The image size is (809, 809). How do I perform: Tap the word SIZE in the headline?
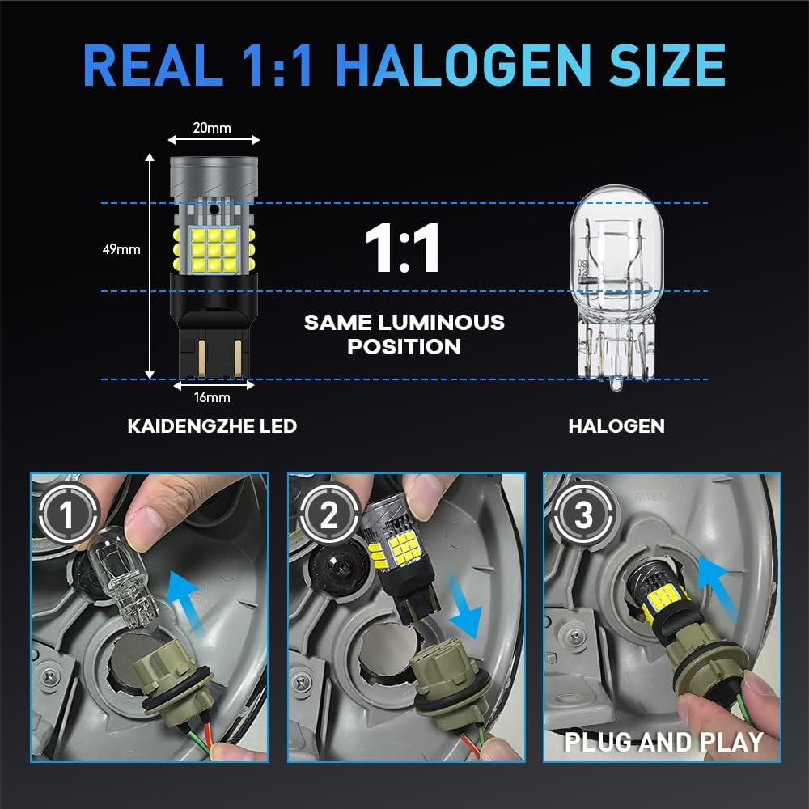pos(667,65)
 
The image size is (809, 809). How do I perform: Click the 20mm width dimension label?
pos(212,128)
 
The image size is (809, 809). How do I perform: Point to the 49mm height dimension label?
pos(121,249)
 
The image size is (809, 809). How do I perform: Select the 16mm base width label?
pos(212,397)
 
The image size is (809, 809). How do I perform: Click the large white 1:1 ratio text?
pos(402,248)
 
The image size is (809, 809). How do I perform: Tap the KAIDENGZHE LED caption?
pos(212,426)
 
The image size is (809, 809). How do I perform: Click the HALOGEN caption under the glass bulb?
pos(616,426)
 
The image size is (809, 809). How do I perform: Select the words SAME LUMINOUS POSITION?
pos(404,334)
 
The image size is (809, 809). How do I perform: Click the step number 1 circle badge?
pos(66,514)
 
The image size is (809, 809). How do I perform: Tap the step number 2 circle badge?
pos(329,514)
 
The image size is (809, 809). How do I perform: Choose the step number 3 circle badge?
pos(583,514)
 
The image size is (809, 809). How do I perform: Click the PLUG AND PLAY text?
pos(664,742)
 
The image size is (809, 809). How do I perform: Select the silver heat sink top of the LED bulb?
pos(214,179)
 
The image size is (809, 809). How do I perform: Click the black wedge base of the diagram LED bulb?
pos(213,326)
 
